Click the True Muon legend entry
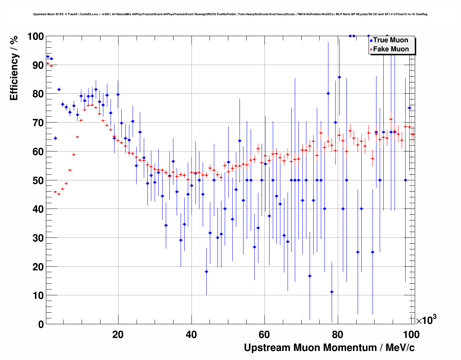pos(390,40)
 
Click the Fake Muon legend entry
pos(391,49)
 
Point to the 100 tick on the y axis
pos(36,37)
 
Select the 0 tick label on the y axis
pos(41,324)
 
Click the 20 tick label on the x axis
pos(118,335)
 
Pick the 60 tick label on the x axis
pos(264,335)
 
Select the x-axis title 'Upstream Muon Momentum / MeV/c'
pos(329,348)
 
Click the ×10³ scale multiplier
pos(426,320)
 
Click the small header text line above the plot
pos(230,14)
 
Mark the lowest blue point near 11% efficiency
pos(332,292)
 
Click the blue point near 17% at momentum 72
pos(310,276)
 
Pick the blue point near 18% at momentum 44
pos(206,271)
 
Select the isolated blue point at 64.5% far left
pos(55,138)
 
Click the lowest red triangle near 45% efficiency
pos(59,194)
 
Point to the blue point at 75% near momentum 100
pos(409,108)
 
